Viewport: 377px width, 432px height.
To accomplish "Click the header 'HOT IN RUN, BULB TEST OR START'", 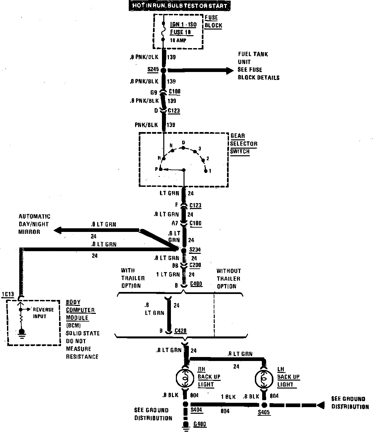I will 180,6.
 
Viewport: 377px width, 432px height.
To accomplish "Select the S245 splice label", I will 153,70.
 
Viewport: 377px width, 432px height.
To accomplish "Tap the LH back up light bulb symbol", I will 264,378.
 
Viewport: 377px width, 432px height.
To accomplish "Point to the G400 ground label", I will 200,424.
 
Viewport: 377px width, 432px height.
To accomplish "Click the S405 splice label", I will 264,412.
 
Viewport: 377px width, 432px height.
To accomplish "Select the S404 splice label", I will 196,410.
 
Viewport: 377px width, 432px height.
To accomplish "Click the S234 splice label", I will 195,250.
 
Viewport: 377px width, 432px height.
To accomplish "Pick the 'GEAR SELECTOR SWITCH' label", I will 244,144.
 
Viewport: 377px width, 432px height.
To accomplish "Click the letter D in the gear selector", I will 183,143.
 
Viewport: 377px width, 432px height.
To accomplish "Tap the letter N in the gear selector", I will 171,146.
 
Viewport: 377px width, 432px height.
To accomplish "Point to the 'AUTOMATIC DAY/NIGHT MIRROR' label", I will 34,224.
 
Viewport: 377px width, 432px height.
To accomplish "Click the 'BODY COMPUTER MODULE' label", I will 80,310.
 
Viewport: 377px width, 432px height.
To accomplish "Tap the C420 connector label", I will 180,331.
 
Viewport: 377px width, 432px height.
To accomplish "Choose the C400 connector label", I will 196,284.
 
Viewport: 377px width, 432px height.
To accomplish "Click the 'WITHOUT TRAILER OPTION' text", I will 229,279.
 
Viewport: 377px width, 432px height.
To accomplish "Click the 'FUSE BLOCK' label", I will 213,22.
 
